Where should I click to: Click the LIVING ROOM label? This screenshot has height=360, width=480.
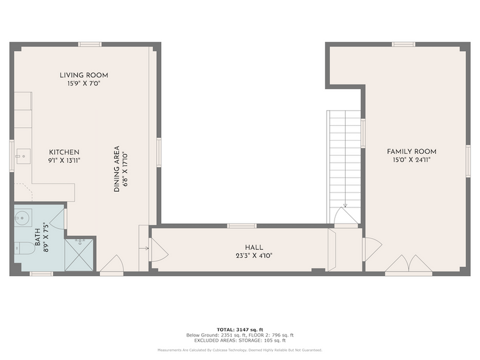click(x=84, y=75)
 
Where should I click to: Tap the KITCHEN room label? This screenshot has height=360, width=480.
click(x=64, y=153)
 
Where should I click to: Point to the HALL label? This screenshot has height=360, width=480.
click(x=254, y=247)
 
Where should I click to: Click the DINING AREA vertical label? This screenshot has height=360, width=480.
click(x=117, y=169)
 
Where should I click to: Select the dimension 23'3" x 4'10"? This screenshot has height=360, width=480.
click(x=254, y=256)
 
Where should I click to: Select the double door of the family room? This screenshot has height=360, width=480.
click(x=408, y=265)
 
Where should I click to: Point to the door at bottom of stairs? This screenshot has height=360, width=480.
click(x=345, y=217)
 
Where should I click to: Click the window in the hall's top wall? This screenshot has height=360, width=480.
click(x=242, y=226)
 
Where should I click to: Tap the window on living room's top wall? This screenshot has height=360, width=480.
click(x=90, y=44)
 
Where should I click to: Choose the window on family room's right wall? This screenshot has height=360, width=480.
click(x=468, y=157)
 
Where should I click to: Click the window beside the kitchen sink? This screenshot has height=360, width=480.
click(x=11, y=156)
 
